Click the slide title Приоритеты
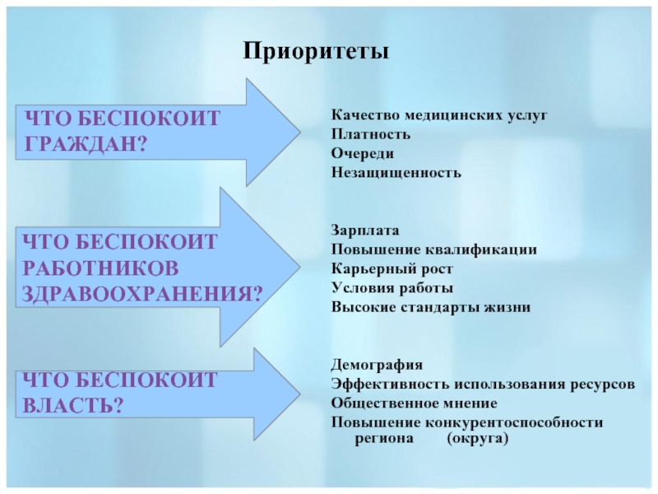[316, 52]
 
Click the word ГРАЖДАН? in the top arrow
[86, 143]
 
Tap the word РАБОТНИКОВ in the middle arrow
[100, 268]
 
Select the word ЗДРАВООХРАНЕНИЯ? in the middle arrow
[142, 293]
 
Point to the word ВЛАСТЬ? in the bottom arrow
[73, 405]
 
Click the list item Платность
[371, 134]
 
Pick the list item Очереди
[363, 154]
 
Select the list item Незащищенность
[396, 173]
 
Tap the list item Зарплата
[365, 231]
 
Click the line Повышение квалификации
[434, 250]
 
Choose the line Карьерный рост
[392, 269]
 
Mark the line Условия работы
[392, 288]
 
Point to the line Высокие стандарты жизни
[431, 307]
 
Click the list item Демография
[377, 365]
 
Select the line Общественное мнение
[415, 403]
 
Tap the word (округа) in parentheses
[478, 439]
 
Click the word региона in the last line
[384, 439]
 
